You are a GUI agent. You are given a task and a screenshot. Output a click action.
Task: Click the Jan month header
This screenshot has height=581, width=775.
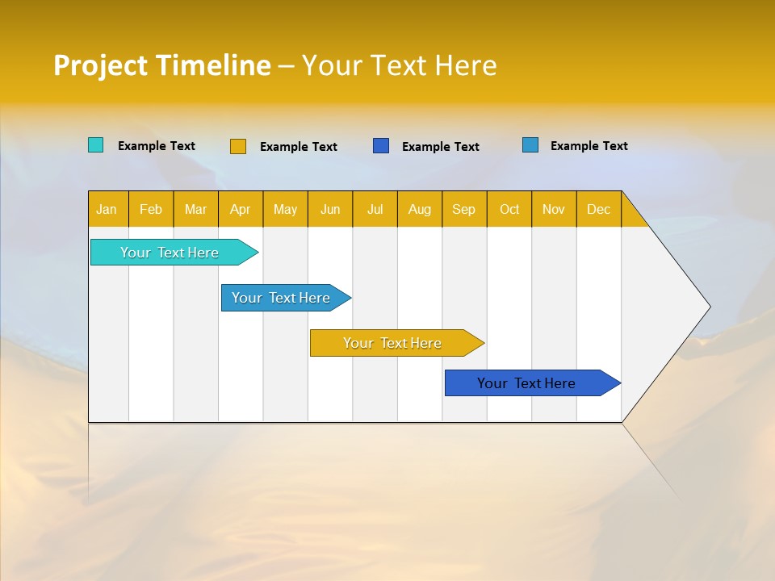pos(107,209)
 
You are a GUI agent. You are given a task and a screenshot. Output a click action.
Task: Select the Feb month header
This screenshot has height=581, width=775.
pos(151,209)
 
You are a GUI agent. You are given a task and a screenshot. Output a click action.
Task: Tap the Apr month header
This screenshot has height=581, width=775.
pos(240,209)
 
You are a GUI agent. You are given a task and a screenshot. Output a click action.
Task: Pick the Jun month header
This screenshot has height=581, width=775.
pos(330,209)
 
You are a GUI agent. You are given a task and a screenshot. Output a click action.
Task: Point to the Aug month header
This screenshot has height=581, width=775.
pos(419,209)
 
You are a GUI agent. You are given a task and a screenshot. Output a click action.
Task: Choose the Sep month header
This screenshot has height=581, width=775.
pos(463,209)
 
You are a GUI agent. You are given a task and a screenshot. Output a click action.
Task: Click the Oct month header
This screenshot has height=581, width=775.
pos(509,209)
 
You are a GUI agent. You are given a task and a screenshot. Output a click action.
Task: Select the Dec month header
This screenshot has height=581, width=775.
pos(598,209)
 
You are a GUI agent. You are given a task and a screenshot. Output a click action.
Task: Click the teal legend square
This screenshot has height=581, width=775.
pos(95,145)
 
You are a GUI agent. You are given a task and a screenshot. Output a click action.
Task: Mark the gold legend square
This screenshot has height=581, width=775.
pos(238,146)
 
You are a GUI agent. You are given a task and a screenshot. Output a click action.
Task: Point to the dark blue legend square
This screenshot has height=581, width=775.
pos(381,145)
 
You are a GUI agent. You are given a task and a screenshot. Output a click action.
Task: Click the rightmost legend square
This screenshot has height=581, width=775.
pos(530,145)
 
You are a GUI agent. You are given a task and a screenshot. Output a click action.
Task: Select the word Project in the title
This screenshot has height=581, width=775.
pos(102,65)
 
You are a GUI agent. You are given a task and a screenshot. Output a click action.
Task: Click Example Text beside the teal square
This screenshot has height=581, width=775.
pos(157,146)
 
